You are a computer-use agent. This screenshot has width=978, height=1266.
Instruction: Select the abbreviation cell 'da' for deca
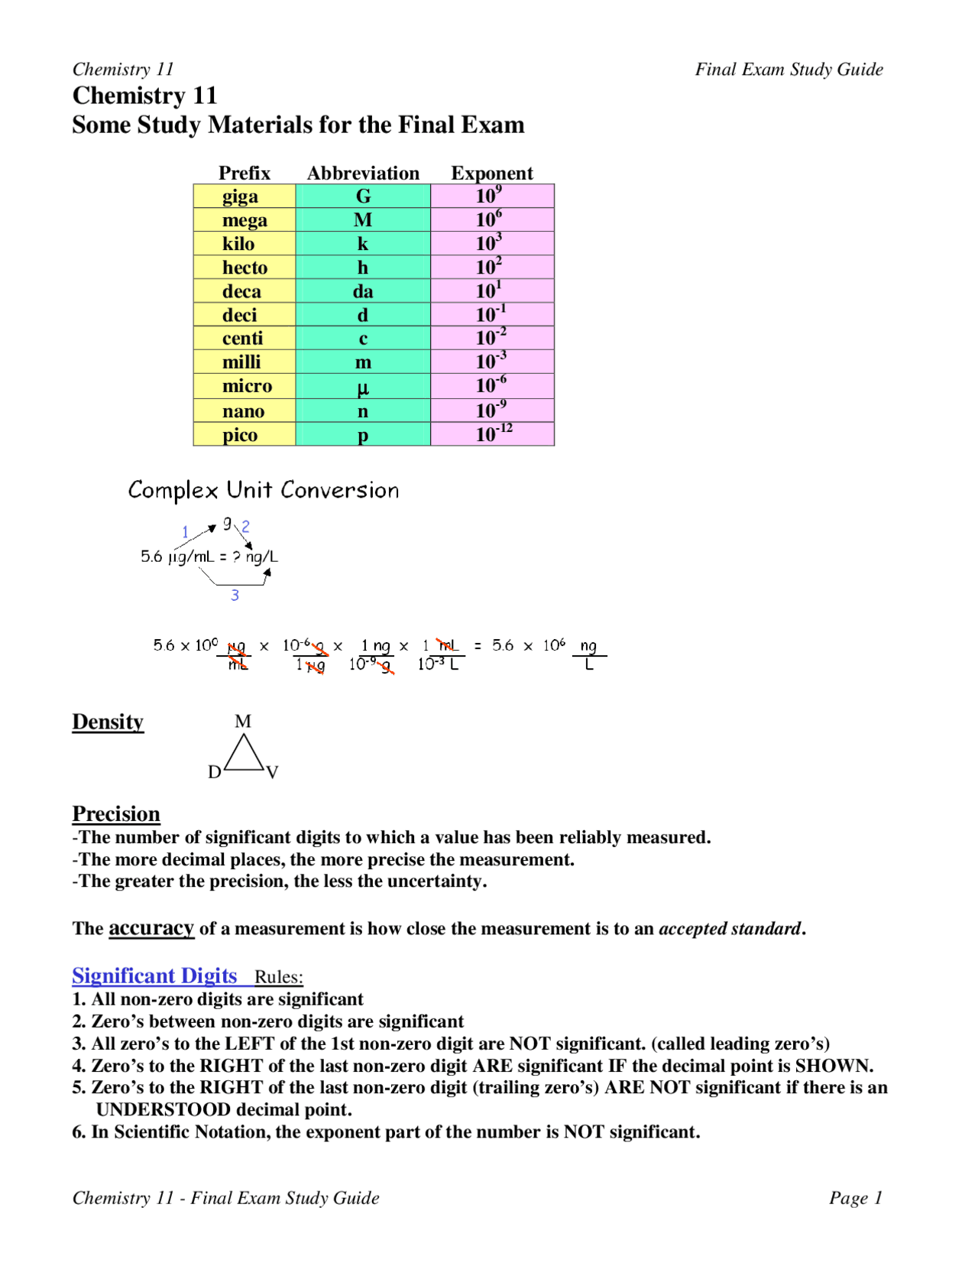tap(363, 291)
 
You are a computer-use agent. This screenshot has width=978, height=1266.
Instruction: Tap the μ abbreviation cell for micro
tap(363, 387)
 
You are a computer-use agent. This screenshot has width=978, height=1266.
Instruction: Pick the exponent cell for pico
tap(493, 433)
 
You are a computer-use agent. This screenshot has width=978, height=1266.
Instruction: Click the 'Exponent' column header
tap(491, 173)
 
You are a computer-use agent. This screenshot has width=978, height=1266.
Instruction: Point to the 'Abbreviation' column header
tap(363, 173)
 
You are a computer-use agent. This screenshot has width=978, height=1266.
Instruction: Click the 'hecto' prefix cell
tap(244, 268)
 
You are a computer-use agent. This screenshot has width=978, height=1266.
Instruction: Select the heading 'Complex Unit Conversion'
tap(264, 490)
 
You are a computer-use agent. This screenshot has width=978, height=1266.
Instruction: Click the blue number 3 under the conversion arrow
tap(235, 595)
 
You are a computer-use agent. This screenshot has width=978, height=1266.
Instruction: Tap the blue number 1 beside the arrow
tap(185, 531)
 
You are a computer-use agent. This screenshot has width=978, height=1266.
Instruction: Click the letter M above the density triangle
tap(243, 721)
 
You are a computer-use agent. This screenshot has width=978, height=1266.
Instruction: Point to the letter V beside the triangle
tap(273, 772)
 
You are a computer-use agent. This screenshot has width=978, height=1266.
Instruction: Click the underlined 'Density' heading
tap(108, 722)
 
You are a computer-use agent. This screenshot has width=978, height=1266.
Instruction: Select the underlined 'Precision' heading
tap(116, 813)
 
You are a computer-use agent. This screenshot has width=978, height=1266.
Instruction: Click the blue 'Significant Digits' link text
tap(154, 975)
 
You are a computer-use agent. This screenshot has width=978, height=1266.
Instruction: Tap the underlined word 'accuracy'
tap(151, 928)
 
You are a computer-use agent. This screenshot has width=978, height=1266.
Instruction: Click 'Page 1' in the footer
tap(855, 1197)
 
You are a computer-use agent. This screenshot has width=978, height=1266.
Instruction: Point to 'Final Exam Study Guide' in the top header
tap(789, 70)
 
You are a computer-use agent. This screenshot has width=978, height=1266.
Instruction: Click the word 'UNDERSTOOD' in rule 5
tap(163, 1109)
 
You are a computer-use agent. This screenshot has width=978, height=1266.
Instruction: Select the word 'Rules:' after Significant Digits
tap(279, 977)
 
